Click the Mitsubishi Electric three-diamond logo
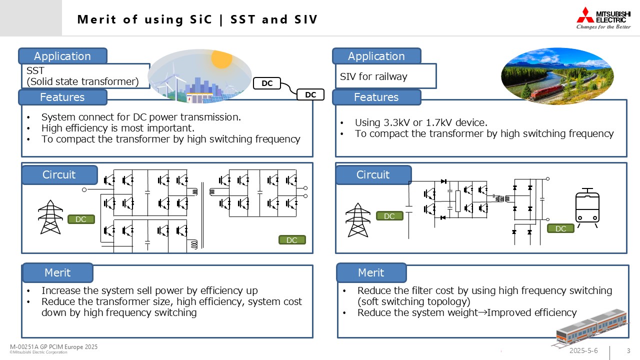pyautogui.click(x=585, y=14)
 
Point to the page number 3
pyautogui.click(x=628, y=350)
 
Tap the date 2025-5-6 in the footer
pyautogui.click(x=583, y=350)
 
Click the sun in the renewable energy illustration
pyautogui.click(x=221, y=58)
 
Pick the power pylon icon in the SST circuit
pyautogui.click(x=50, y=217)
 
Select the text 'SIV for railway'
pyautogui.click(x=373, y=76)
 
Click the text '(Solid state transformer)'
pyautogui.click(x=82, y=81)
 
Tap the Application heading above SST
pyautogui.click(x=62, y=56)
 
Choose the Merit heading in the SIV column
pyautogui.click(x=371, y=272)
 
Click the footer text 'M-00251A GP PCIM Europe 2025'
pyautogui.click(x=54, y=347)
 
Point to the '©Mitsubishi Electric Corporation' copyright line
pyautogui.click(x=38, y=352)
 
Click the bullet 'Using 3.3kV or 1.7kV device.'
pyautogui.click(x=420, y=122)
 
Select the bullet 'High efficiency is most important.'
pyautogui.click(x=117, y=128)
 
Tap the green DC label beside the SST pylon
pyautogui.click(x=81, y=219)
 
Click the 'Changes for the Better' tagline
pyautogui.click(x=603, y=27)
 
